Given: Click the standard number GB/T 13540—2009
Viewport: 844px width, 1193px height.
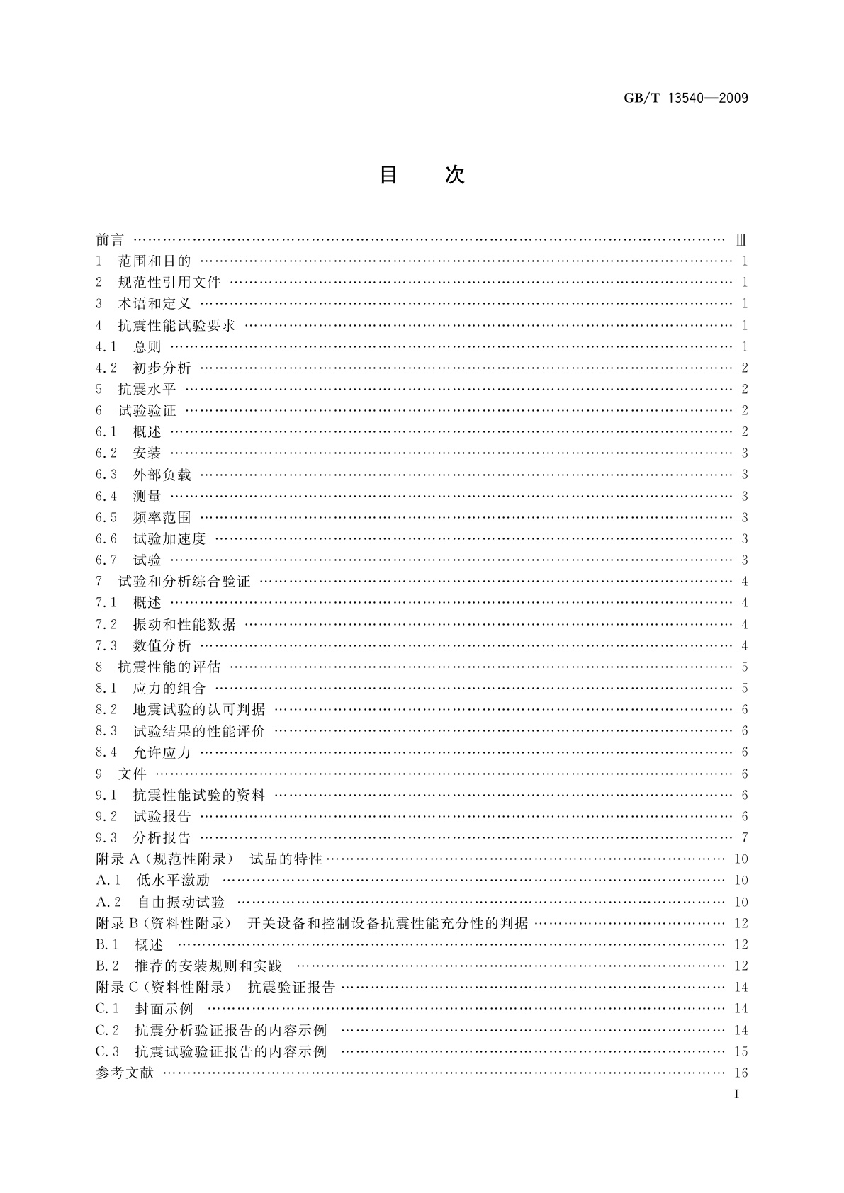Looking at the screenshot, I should point(685,98).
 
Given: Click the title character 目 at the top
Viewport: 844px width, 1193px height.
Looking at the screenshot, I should point(388,175).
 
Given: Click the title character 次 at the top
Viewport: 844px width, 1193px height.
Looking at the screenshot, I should point(454,175).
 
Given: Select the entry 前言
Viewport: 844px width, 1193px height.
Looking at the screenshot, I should point(110,240).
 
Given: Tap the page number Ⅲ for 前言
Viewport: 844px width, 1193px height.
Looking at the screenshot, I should point(741,240).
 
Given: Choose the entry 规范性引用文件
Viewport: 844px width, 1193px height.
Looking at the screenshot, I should point(169,283).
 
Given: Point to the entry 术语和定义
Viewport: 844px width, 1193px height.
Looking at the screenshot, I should point(154,304).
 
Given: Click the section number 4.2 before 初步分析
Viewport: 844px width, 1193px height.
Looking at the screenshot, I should point(106,368).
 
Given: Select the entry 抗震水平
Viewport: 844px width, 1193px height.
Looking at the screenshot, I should point(147,389).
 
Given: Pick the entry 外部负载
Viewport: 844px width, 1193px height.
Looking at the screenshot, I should point(162,475).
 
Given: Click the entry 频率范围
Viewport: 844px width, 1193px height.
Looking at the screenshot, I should point(162,518).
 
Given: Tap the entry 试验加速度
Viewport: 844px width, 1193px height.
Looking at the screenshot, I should point(169,539).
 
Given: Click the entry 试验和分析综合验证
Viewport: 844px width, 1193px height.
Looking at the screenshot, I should point(184,582).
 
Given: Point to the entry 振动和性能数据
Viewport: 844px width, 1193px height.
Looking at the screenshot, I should point(184,625).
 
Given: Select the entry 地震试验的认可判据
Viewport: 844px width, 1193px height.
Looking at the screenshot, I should point(199,710).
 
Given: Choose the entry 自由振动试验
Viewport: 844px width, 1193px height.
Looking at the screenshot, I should point(181,902).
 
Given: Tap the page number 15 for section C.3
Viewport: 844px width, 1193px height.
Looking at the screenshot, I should point(741,1051).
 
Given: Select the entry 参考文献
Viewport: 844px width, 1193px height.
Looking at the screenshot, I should point(125,1073).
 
